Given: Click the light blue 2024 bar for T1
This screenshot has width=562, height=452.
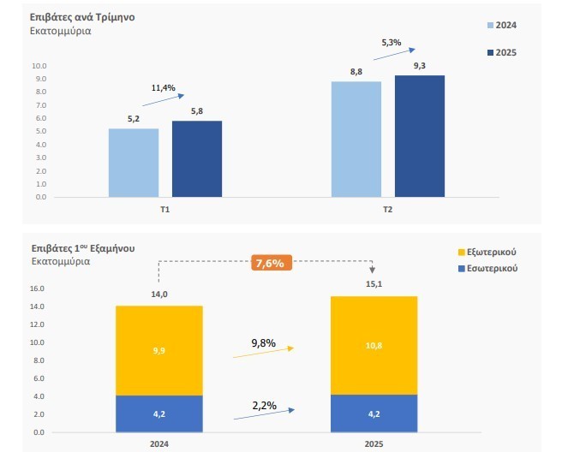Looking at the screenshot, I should pos(134,163).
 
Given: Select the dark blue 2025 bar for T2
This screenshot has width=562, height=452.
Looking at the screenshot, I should pos(420,136).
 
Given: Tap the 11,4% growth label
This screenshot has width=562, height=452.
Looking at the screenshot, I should pos(163,87).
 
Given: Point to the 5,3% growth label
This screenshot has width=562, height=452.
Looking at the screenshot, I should pos(392,42).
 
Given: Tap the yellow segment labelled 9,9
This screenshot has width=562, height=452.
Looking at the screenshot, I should pos(159,350).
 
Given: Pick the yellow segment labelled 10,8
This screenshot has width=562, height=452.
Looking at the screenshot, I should pos(374,345).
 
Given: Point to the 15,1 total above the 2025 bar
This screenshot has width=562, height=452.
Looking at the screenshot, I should pos(374,286).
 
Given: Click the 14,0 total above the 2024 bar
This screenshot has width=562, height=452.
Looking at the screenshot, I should pos(158,294).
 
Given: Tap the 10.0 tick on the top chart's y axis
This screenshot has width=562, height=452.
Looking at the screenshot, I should pos(39,66).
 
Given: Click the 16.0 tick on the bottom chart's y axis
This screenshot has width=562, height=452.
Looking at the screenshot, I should pos(38,288).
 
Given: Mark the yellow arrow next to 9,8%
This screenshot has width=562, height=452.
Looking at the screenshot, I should pos(264,351).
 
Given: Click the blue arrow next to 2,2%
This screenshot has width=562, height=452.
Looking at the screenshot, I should pos(264,413).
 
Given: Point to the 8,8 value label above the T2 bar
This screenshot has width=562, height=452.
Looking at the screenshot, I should pos(356,72).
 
